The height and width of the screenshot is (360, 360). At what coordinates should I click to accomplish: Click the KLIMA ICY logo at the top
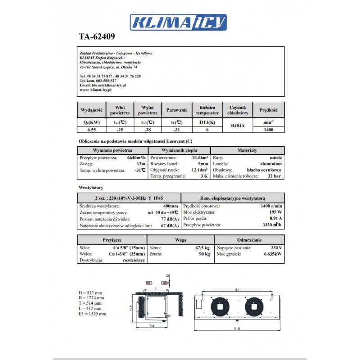(x=179, y=22)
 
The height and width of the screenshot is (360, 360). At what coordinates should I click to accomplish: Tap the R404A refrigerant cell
(x=238, y=126)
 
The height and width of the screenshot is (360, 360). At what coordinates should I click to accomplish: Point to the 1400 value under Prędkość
(x=269, y=130)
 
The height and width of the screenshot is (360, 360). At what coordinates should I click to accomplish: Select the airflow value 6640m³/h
(x=136, y=157)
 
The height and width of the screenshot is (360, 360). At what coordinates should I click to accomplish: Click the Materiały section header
(x=247, y=150)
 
